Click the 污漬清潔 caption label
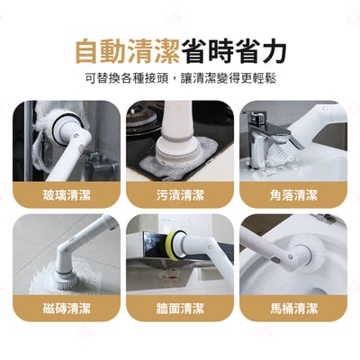[180, 194]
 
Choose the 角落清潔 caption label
[293, 194]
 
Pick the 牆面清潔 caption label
[180, 308]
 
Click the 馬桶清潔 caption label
[293, 308]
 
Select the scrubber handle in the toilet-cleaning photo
[270, 243]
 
